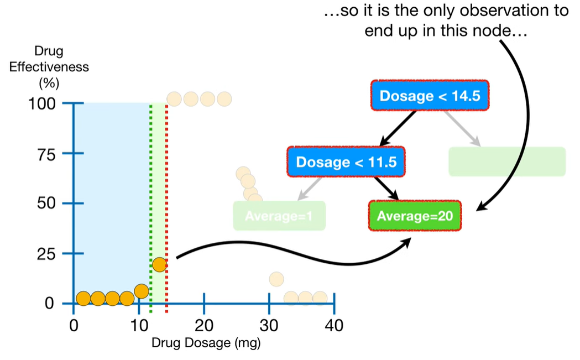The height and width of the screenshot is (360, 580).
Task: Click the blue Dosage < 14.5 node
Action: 430,96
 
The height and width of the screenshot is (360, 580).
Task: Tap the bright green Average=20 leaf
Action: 414,216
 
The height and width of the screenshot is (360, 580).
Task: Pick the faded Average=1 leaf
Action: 279,216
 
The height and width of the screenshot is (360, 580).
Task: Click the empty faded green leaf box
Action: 506,161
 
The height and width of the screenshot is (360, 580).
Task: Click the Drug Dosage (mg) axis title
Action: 206,343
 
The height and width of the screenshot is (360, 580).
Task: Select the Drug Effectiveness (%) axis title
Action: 49,67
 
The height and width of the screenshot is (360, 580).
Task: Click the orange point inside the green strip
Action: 159,264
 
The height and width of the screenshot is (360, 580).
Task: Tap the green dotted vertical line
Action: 150,194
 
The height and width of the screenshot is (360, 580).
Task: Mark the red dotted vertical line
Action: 166,194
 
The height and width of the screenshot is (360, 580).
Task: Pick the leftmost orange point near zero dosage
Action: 83,299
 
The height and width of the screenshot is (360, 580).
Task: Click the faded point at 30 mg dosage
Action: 276,279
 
